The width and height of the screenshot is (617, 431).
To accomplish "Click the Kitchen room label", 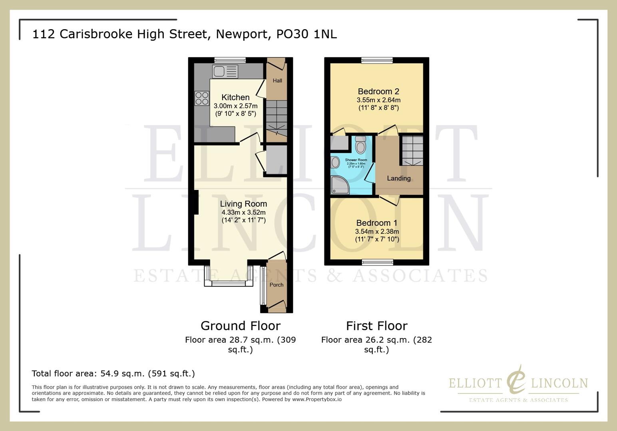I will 235,97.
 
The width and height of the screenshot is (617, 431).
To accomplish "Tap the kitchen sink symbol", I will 225,72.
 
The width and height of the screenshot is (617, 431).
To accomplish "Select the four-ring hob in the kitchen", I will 202,98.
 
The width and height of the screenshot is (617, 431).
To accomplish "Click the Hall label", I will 277,81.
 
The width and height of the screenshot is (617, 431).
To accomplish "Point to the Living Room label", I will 243,204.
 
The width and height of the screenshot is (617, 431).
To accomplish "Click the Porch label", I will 277,285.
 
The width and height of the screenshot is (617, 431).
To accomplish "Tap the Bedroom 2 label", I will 378,91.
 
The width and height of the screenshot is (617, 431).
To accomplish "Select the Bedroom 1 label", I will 377,223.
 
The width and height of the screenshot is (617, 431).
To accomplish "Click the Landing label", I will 398,178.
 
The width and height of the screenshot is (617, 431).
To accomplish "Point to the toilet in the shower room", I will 360,144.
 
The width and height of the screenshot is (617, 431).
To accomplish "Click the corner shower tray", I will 340,185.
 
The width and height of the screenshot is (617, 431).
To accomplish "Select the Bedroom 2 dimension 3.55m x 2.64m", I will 378,100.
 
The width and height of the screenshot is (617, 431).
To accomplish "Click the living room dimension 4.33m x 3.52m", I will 243,212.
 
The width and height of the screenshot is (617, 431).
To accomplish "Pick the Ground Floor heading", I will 241,326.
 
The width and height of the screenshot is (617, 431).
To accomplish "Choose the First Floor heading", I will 376,326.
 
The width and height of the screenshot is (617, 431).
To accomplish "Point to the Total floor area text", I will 113,374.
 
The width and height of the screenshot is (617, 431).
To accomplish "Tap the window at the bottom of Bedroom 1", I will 377,262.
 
